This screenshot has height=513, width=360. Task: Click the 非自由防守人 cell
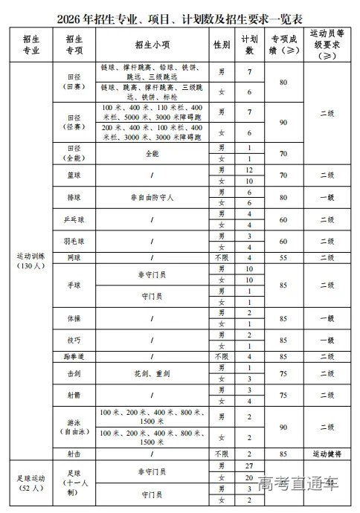[x=151, y=198]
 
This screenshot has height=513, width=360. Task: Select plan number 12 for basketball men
[x=250, y=170]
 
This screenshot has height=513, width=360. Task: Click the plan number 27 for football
[x=250, y=465]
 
